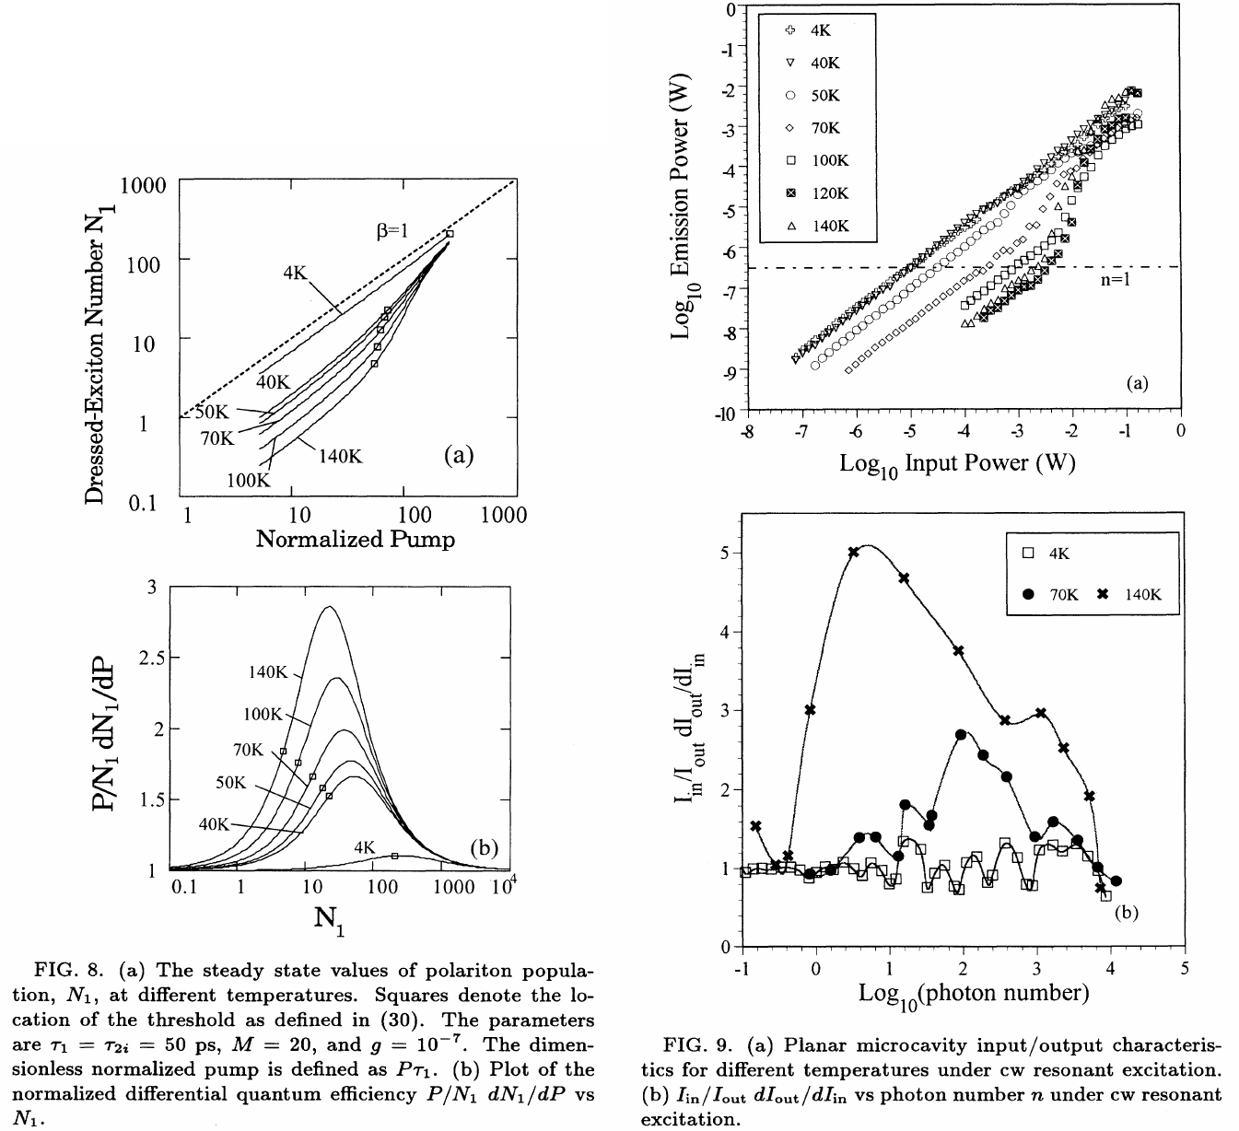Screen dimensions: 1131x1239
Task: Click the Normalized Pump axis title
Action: pyautogui.click(x=355, y=539)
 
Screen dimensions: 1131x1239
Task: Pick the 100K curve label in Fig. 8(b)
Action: pyautogui.click(x=266, y=714)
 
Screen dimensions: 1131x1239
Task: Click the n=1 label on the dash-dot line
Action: pyautogui.click(x=1115, y=280)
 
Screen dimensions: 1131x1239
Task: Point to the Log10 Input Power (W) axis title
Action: pyautogui.click(x=957, y=462)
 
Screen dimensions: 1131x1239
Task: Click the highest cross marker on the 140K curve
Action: pyautogui.click(x=853, y=552)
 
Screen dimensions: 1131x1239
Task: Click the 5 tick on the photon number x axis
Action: pyautogui.click(x=1184, y=969)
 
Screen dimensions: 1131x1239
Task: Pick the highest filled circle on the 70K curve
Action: pyautogui.click(x=961, y=735)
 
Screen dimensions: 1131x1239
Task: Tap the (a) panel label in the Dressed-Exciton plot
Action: pyautogui.click(x=458, y=454)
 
